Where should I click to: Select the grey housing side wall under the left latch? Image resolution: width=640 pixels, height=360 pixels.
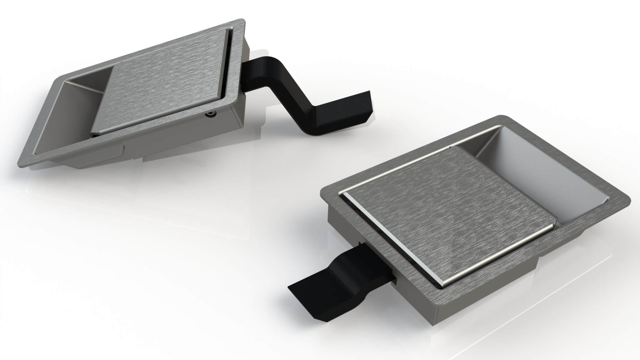click(x=175, y=137)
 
